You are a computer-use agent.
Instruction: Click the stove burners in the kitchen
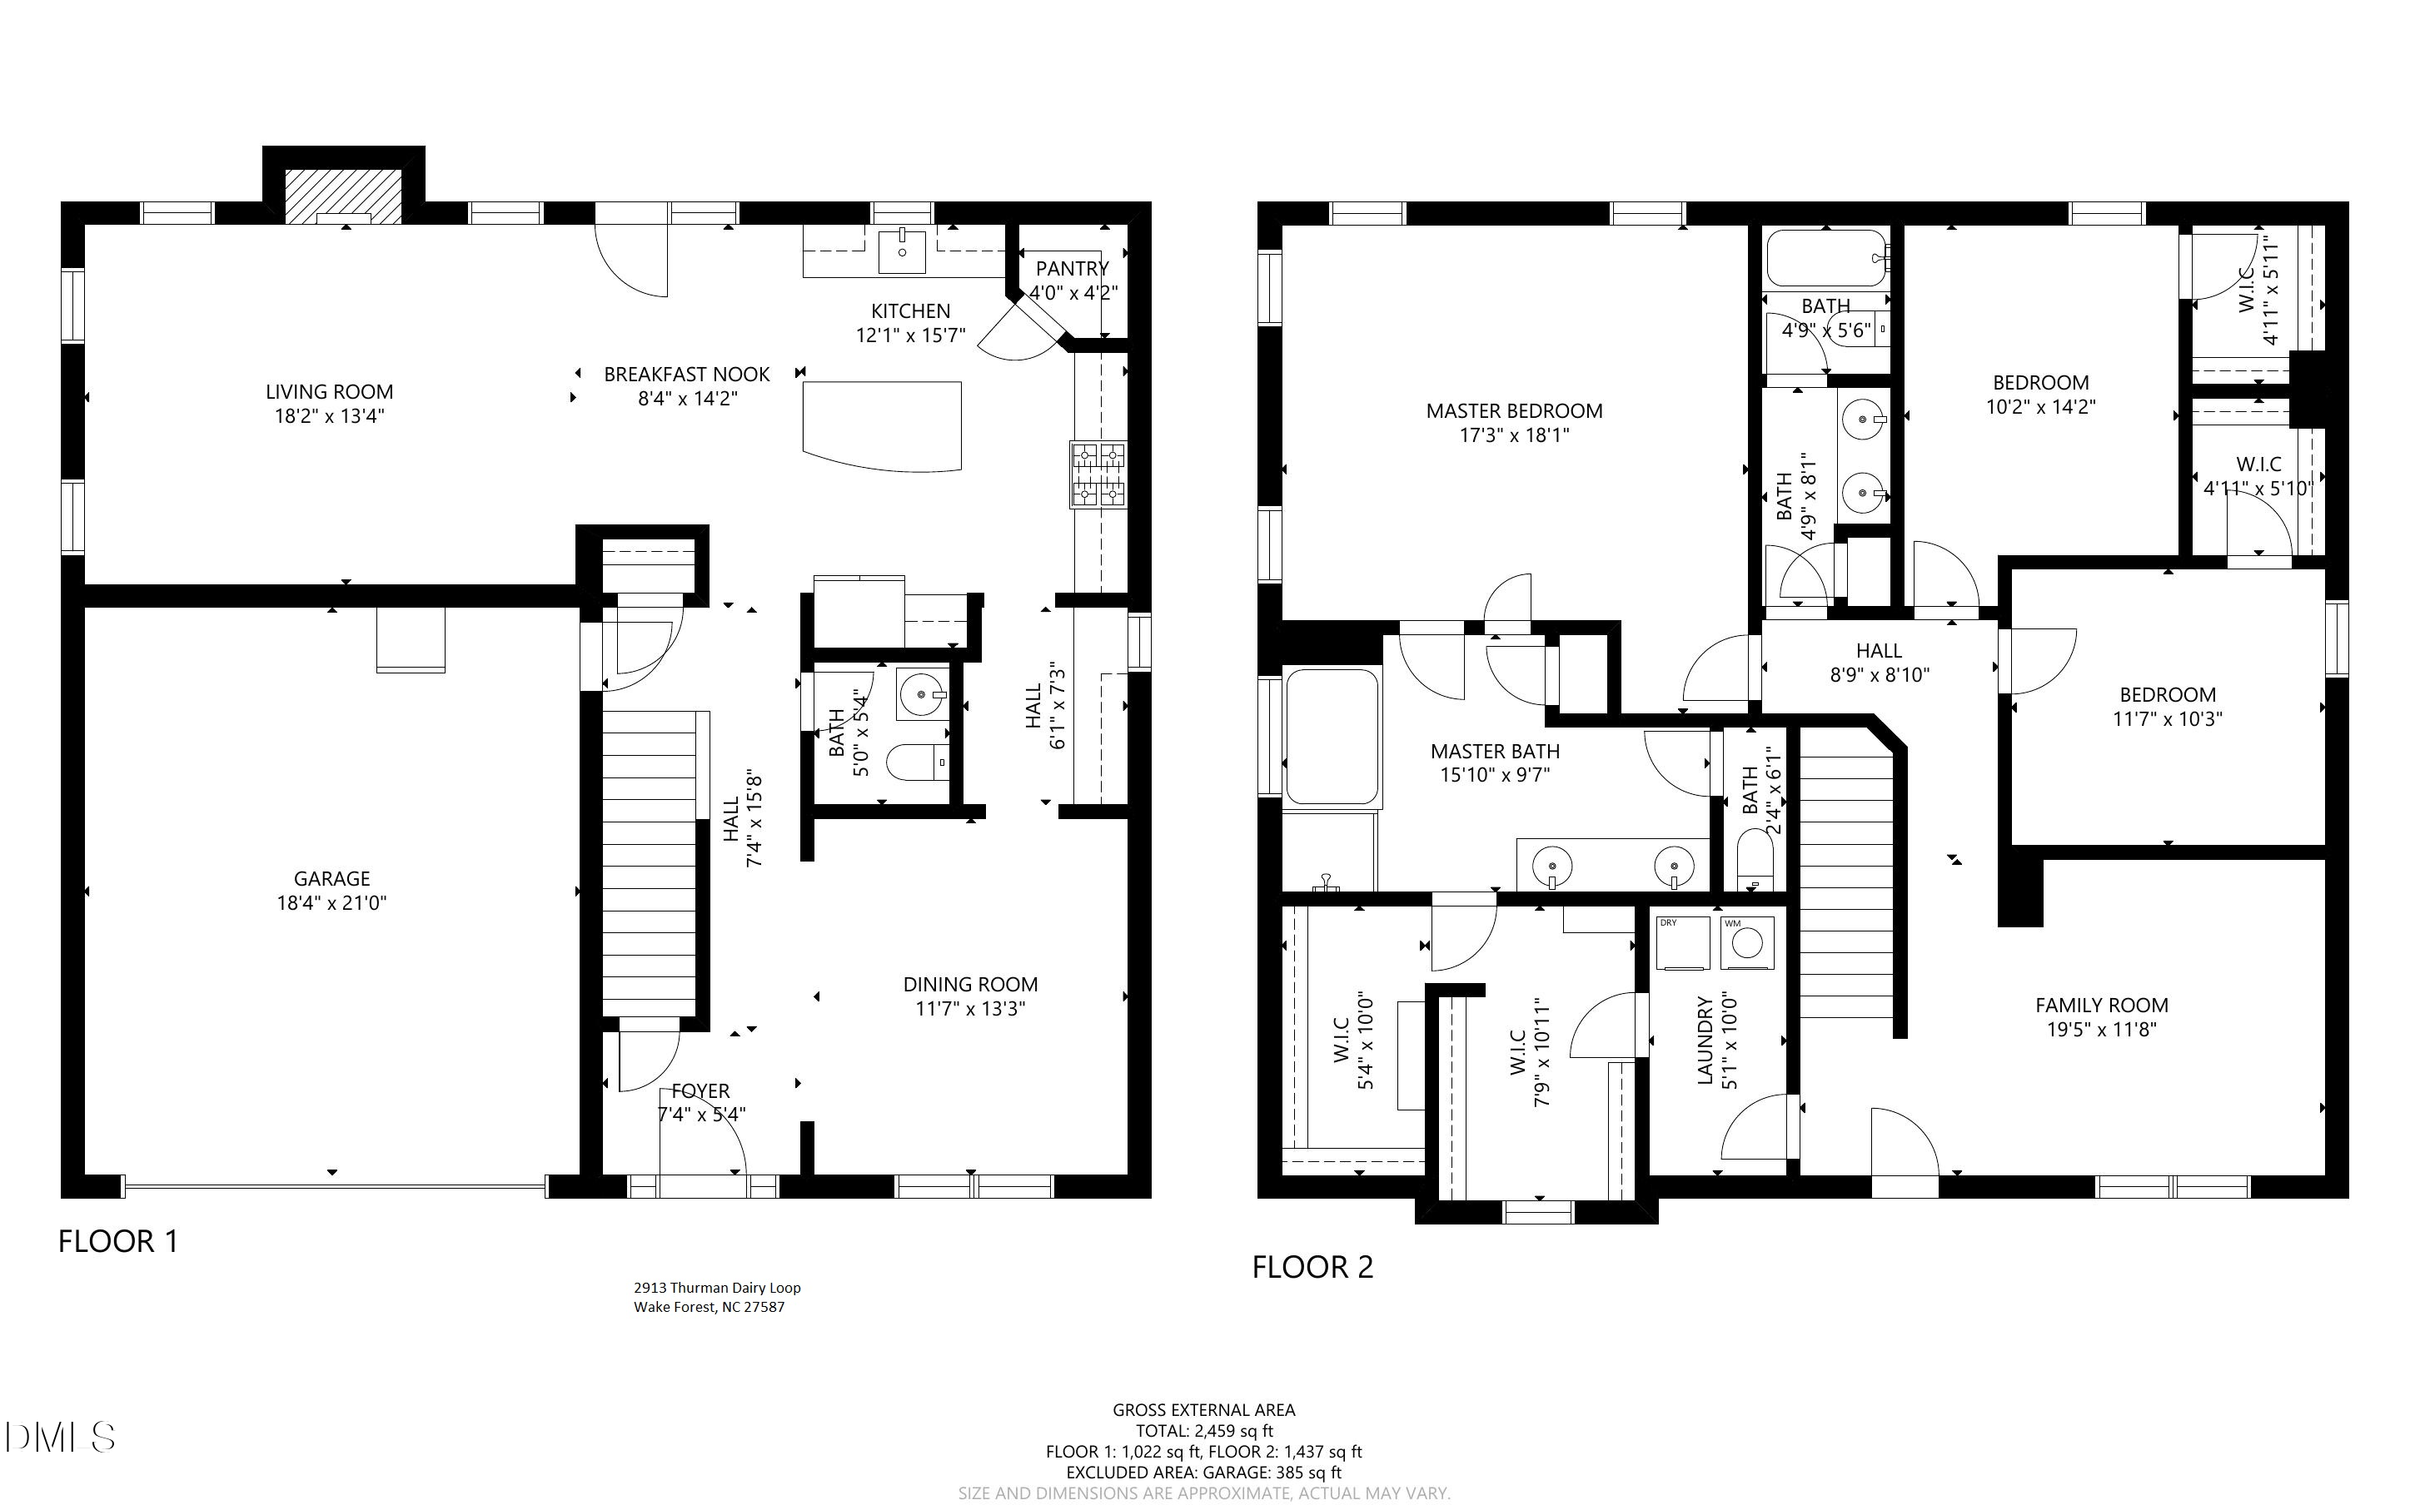1099,474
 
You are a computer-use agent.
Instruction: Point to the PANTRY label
1071,269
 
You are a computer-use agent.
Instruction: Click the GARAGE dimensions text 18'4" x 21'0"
331,904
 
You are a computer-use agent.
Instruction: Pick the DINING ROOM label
969,985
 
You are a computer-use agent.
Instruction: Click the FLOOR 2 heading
1312,1267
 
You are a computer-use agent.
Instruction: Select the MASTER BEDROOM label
1513,411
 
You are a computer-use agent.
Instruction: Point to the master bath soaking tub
1332,736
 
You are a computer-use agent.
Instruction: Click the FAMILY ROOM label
2100,1006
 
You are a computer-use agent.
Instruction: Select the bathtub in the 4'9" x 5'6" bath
1825,258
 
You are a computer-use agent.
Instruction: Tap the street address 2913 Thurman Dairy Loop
717,1288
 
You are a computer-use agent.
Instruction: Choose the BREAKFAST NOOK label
687,375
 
